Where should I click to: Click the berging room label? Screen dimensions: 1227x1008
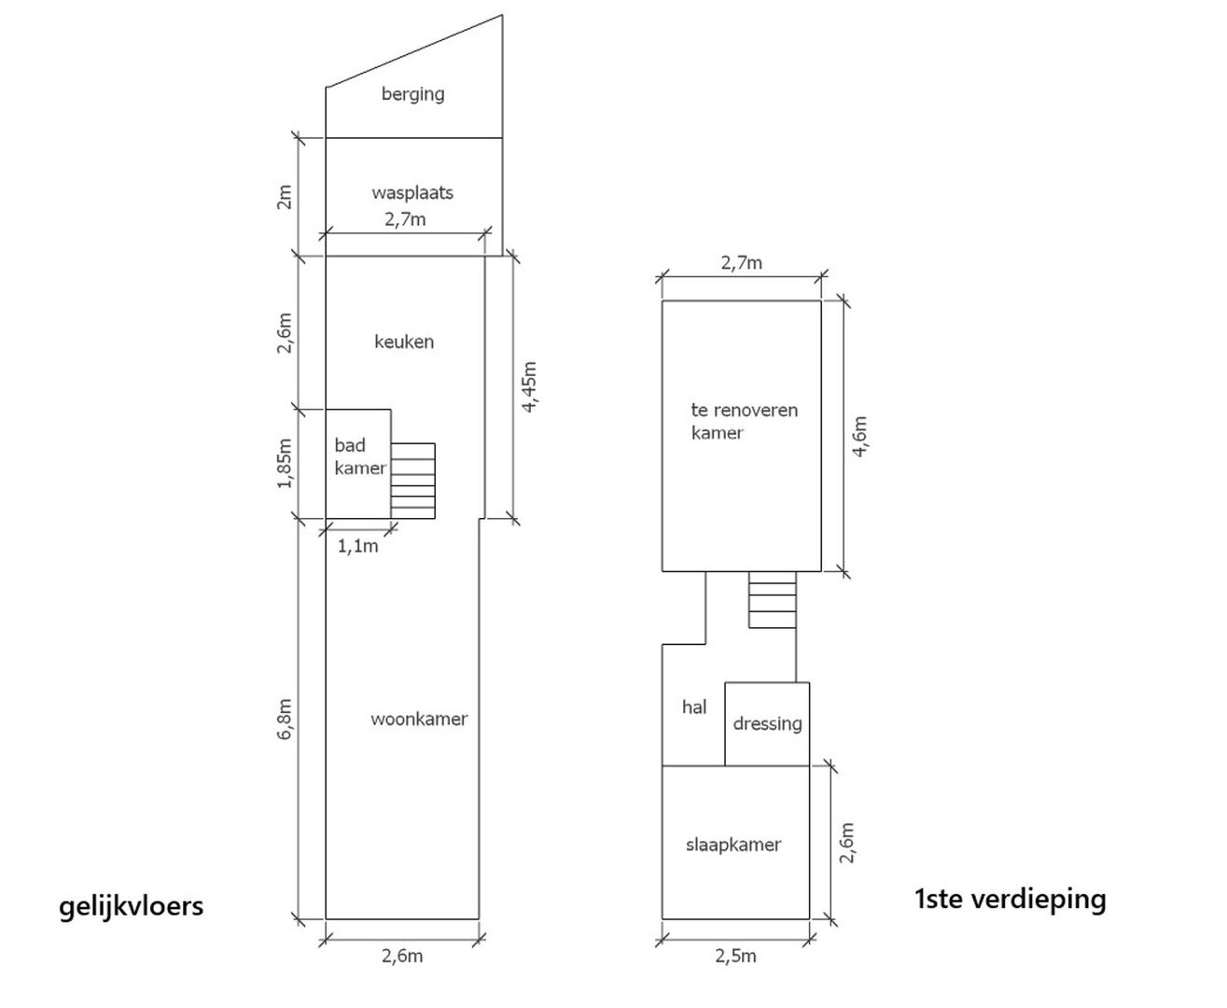point(412,94)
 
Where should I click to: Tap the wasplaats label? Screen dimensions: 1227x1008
point(412,192)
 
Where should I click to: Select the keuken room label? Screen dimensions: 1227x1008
point(404,342)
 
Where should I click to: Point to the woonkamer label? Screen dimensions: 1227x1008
point(419,719)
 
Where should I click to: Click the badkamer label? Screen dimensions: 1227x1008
point(360,456)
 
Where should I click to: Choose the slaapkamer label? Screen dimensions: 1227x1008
point(733,845)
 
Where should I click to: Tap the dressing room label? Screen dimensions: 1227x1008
point(767,724)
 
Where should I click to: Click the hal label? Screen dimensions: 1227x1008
point(694,707)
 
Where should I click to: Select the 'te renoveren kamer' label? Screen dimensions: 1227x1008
point(744,421)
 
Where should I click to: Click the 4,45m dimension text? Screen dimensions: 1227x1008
point(529,387)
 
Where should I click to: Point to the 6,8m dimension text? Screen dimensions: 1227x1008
point(285,720)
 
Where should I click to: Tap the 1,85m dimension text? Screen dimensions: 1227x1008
point(285,463)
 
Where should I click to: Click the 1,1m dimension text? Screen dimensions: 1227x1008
point(357,546)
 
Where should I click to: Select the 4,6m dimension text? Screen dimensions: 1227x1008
point(860,437)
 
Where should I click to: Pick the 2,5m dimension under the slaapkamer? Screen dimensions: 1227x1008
point(736,957)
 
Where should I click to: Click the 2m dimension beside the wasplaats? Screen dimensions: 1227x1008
point(285,197)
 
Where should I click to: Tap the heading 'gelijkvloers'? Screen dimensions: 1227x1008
point(132,907)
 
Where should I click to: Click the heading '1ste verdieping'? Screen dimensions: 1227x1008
point(1011,899)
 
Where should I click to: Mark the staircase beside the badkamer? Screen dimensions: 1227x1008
point(413,481)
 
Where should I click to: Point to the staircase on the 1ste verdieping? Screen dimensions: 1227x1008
point(772,599)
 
